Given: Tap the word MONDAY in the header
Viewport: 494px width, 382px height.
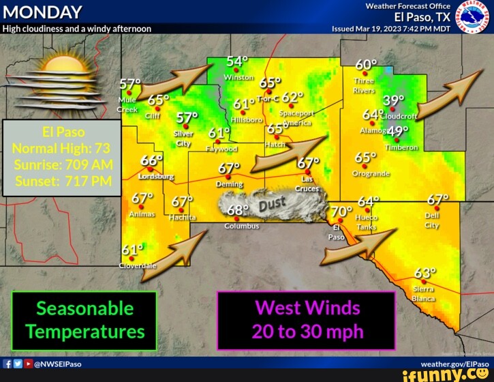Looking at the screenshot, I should [x=42, y=13].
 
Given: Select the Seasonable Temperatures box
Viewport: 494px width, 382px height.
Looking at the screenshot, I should [x=84, y=320].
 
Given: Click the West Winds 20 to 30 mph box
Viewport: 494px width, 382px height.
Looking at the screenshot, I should [x=307, y=320].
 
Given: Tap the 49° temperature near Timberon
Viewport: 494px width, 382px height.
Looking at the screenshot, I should [x=397, y=131].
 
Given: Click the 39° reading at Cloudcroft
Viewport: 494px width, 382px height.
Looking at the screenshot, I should [x=393, y=101].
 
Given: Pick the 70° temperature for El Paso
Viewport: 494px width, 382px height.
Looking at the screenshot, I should [x=341, y=211].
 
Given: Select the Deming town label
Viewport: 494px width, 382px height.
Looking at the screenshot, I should [x=229, y=184].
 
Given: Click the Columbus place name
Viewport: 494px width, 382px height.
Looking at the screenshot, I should [x=241, y=226].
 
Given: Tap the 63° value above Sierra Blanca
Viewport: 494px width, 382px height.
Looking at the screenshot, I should [x=424, y=274].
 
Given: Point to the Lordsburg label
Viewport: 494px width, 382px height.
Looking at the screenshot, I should [x=156, y=176].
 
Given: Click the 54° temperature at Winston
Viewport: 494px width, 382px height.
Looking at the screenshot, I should [x=237, y=62].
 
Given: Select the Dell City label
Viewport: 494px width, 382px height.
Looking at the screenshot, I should [x=432, y=221].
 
